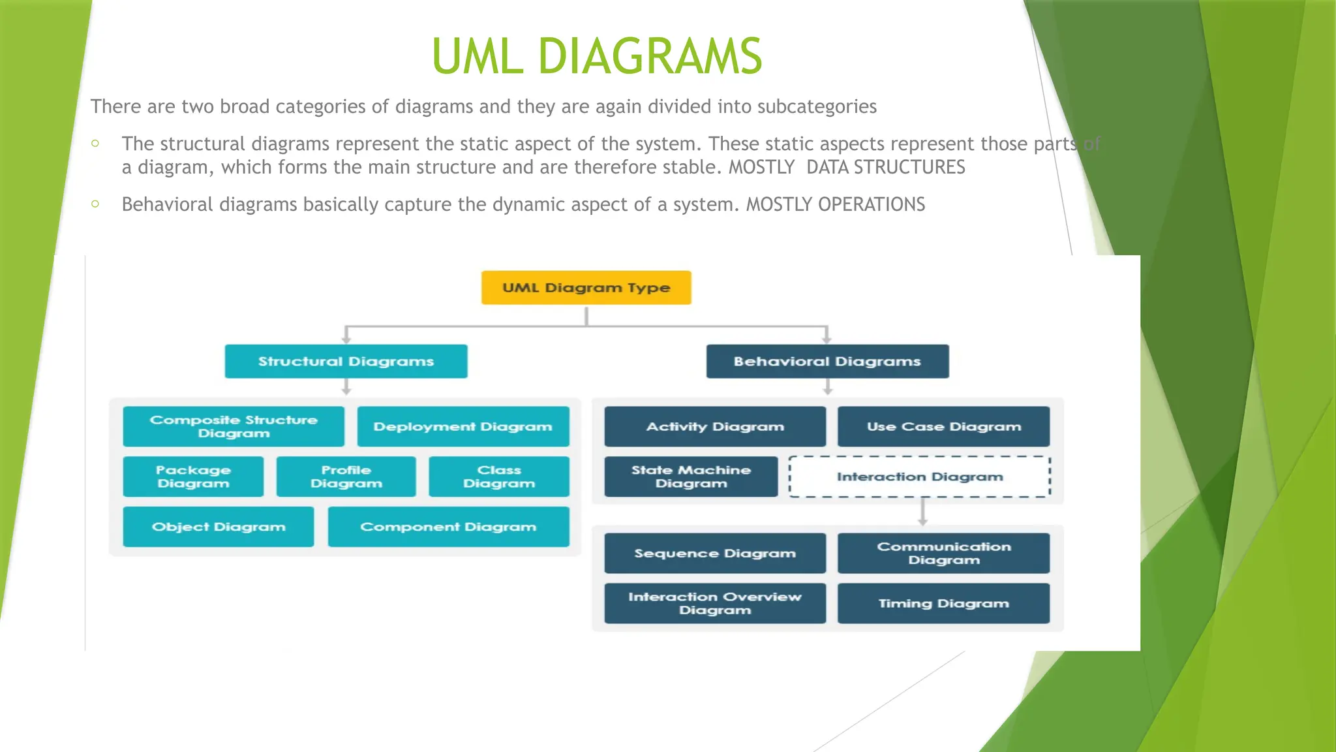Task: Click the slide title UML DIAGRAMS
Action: click(597, 57)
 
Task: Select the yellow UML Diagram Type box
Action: click(586, 288)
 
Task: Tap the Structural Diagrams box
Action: click(346, 362)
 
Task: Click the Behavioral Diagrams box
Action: click(827, 362)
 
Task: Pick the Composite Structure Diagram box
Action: click(234, 426)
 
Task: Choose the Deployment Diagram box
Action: click(463, 426)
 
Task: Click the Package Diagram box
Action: click(193, 477)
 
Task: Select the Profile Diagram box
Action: click(346, 477)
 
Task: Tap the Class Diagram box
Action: click(499, 477)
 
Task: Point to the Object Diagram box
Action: click(219, 527)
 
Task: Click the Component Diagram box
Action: click(448, 527)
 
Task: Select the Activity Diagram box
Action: click(715, 426)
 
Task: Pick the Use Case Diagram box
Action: click(943, 426)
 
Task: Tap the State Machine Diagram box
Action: click(691, 477)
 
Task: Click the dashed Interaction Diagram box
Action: click(920, 477)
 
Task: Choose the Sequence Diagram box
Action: click(715, 554)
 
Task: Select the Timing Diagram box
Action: click(943, 604)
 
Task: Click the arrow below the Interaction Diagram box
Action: click(922, 512)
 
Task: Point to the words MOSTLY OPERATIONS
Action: click(835, 204)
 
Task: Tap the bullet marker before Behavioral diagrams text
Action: click(95, 204)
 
